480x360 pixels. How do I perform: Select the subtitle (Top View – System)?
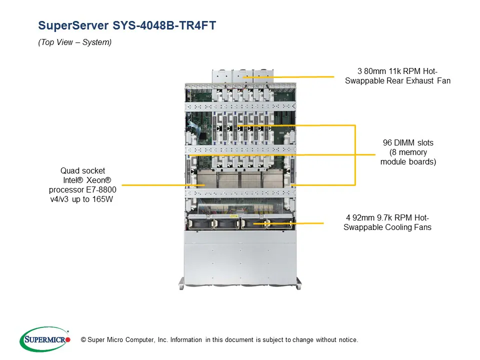click(74, 42)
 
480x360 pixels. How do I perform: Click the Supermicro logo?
click(44, 339)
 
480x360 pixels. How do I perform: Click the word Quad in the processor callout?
click(69, 171)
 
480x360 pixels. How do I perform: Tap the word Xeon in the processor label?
click(98, 180)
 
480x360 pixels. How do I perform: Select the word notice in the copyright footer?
click(347, 340)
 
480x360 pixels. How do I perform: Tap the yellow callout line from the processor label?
click(160, 185)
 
